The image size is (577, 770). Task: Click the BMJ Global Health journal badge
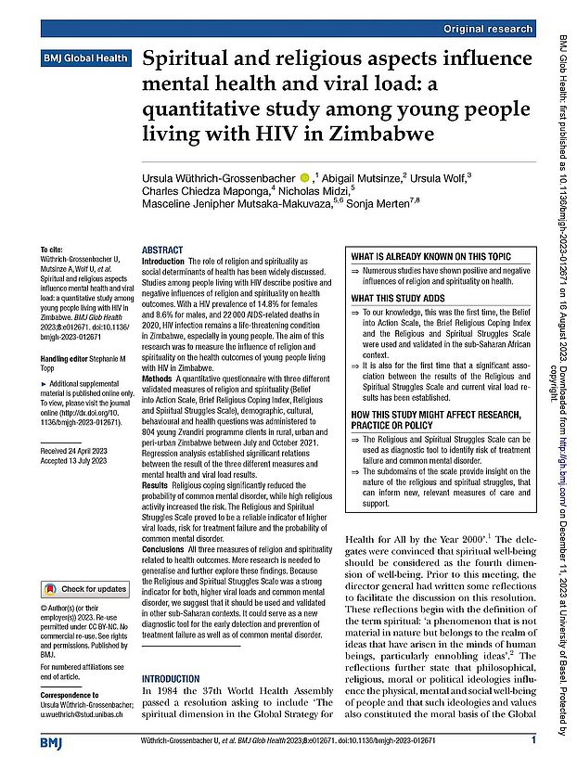tap(81, 58)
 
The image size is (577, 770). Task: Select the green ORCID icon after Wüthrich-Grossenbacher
tap(303, 177)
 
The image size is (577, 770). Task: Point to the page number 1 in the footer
tap(533, 740)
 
